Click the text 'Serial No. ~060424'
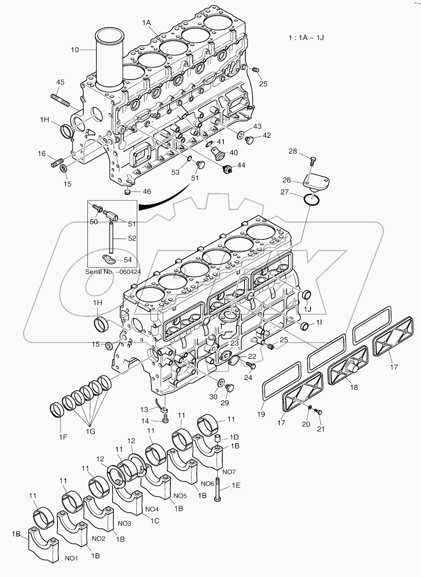113,272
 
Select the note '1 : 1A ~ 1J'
306,38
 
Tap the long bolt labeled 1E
218,489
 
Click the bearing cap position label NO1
71,558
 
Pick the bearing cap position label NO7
229,471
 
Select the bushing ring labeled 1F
57,409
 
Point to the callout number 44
241,165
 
